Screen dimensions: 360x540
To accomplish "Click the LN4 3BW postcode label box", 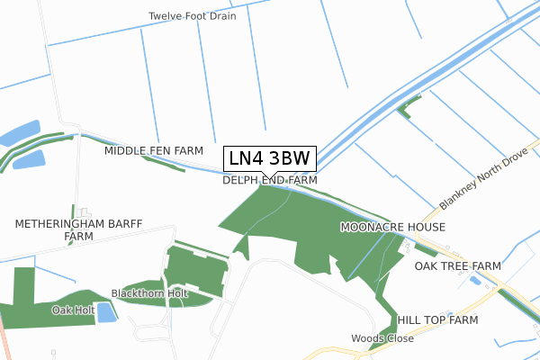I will pyautogui.click(x=269, y=158).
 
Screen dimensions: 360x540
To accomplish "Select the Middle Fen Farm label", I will pyautogui.click(x=154, y=150).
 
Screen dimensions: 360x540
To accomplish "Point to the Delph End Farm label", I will pyautogui.click(x=270, y=180).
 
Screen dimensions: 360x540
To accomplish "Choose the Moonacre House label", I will pyautogui.click(x=392, y=228).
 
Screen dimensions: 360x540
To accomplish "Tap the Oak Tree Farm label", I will pyautogui.click(x=457, y=266).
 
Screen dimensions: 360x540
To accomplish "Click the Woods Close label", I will pyautogui.click(x=382, y=338).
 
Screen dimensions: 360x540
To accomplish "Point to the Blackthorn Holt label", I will pyautogui.click(x=149, y=293).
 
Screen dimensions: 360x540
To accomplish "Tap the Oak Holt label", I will pyautogui.click(x=73, y=310).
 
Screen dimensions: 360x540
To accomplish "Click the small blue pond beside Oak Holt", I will pyautogui.click(x=106, y=312).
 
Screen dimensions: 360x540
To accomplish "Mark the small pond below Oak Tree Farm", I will pyautogui.click(x=474, y=281).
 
